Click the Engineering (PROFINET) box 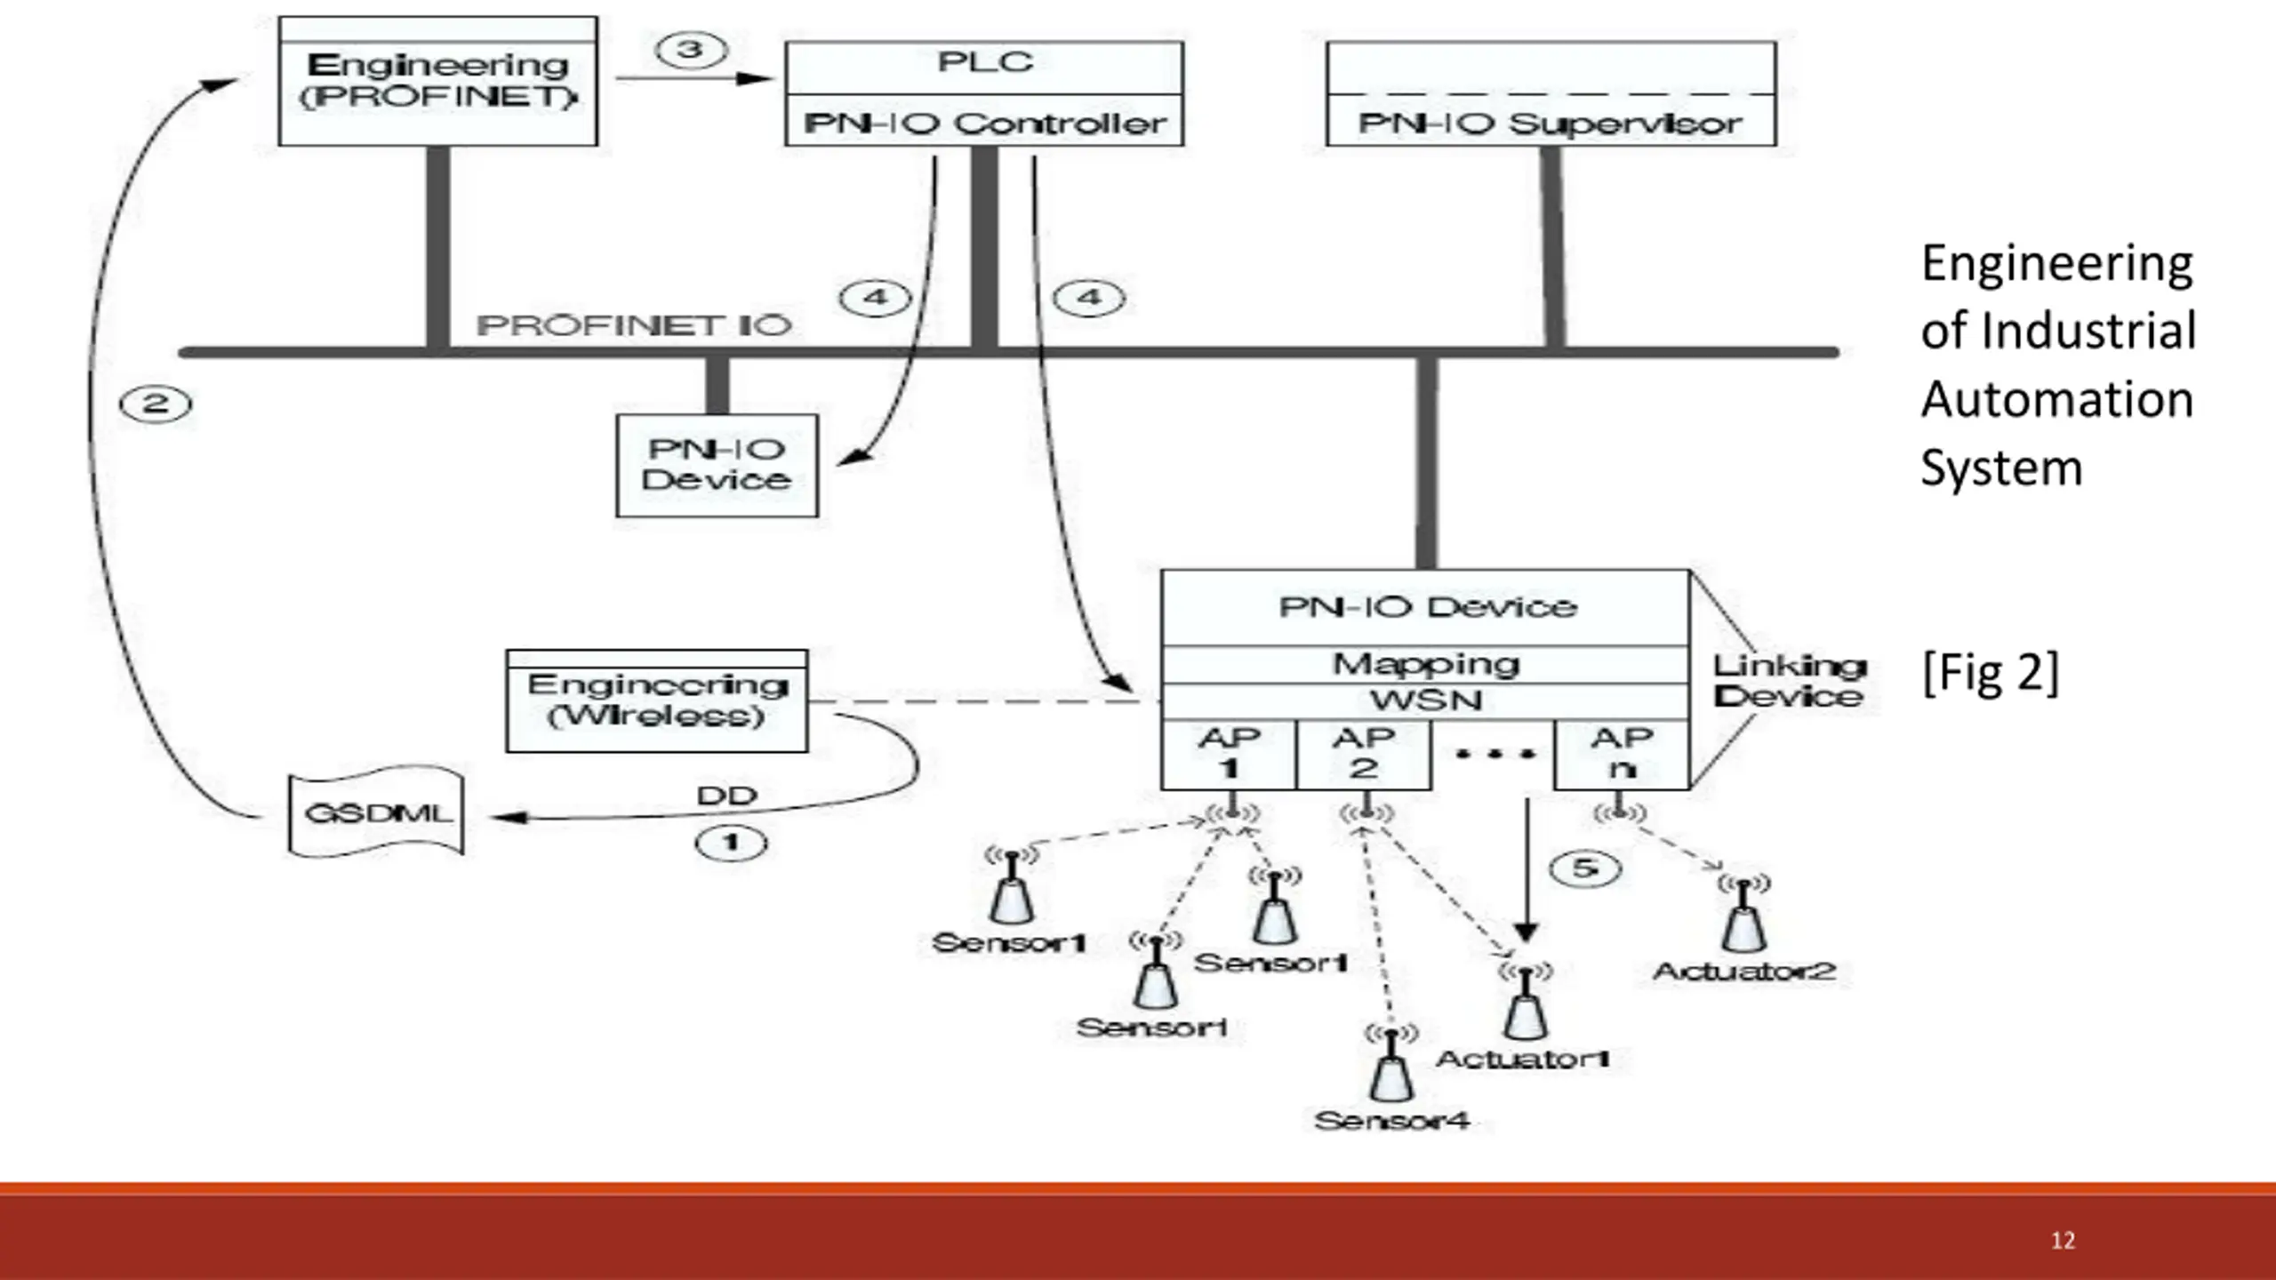[x=438, y=81]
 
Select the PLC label [x=985, y=62]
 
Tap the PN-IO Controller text [x=985, y=124]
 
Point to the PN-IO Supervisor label [x=1551, y=124]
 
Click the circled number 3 [x=691, y=50]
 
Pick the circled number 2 [x=156, y=404]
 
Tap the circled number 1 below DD [x=731, y=843]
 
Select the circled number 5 [x=1585, y=868]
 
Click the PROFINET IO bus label [x=634, y=325]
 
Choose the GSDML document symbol [x=377, y=812]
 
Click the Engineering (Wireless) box [x=657, y=701]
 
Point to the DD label [x=727, y=796]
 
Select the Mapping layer [x=1426, y=664]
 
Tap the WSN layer [x=1426, y=700]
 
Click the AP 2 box [x=1364, y=754]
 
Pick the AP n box [x=1622, y=754]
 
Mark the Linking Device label [x=1789, y=681]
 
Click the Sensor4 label [x=1392, y=1121]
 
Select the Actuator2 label [x=1744, y=971]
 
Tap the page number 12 [x=2063, y=1241]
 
